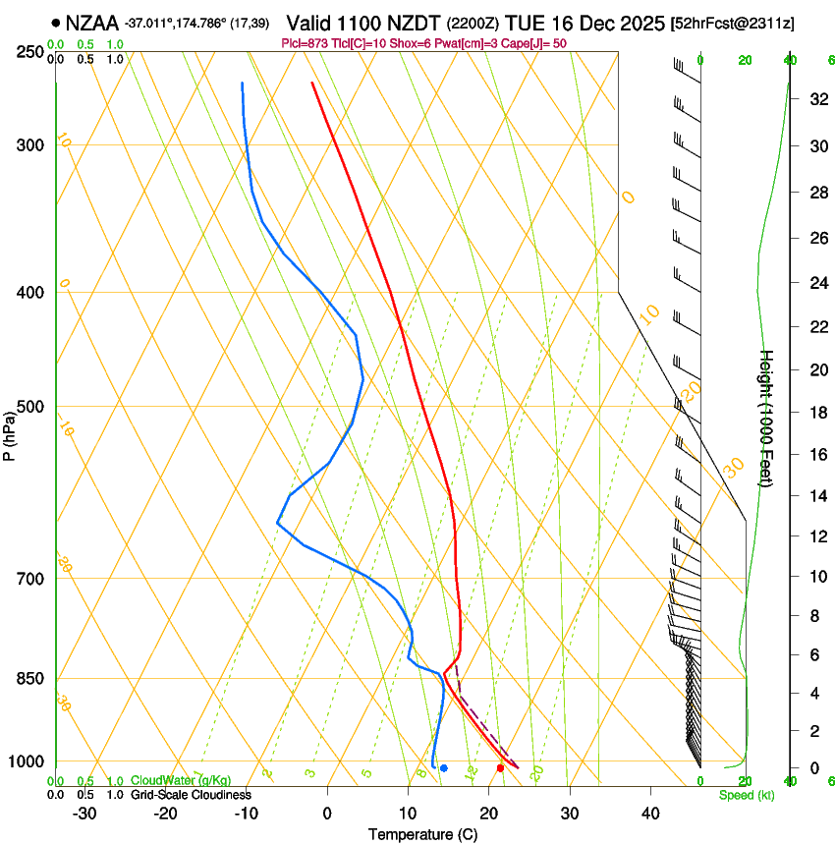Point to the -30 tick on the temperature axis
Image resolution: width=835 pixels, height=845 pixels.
[84, 814]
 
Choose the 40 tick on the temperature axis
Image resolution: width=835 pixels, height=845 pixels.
[649, 814]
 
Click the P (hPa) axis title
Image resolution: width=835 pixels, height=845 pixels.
[9, 432]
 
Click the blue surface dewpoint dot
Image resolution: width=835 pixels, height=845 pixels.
[444, 768]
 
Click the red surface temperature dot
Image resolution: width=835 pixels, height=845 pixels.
[501, 768]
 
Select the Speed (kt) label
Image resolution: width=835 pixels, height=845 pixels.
[746, 795]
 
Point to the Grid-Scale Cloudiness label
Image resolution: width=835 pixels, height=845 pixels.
[191, 795]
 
